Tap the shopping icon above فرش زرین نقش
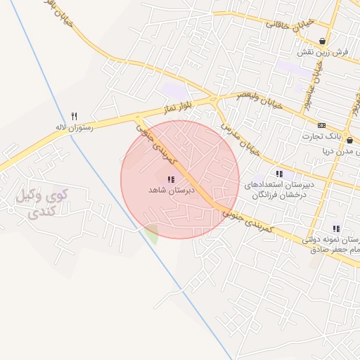tap(322, 41)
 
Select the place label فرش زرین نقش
tap(323, 53)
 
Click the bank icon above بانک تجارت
tap(322, 124)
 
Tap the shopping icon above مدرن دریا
tap(349, 140)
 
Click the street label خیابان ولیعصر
tap(259, 100)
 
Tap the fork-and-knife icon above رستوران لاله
tap(75, 116)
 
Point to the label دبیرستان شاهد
tap(167, 191)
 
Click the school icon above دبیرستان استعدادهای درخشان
tap(279, 174)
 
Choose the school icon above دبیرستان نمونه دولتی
tap(336, 229)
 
